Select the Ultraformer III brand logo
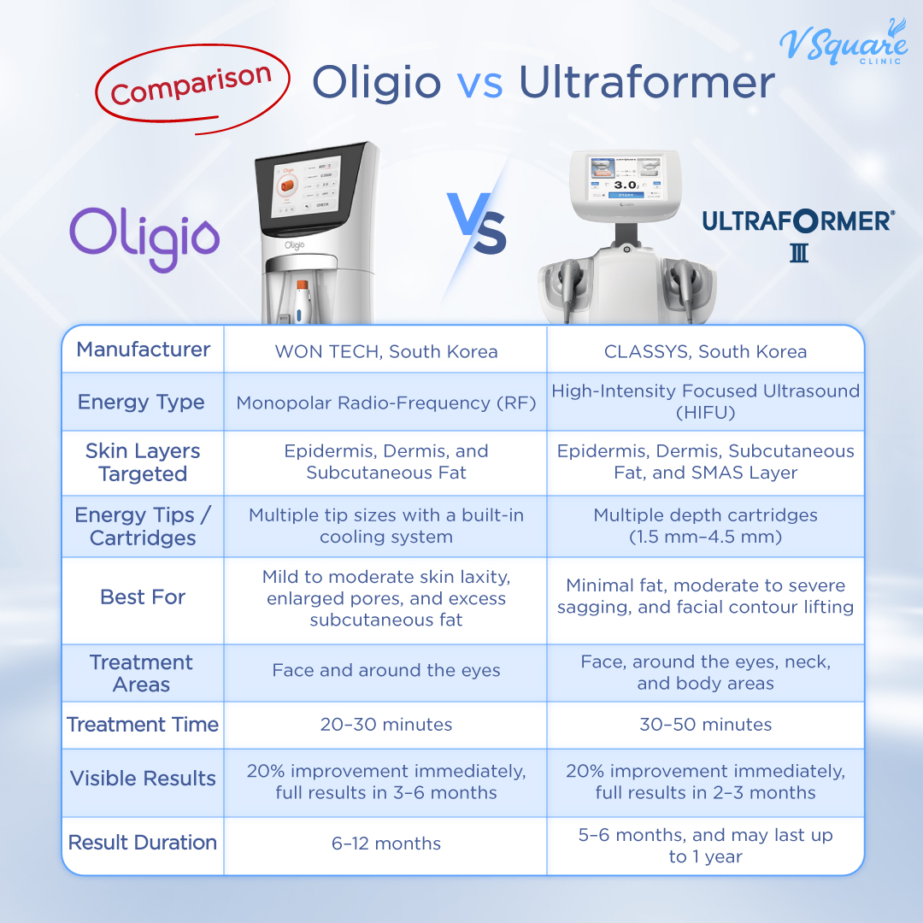(x=798, y=232)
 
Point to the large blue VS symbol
(x=476, y=224)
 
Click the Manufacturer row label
(x=143, y=350)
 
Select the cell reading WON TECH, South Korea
(x=385, y=351)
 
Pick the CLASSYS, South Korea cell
(x=705, y=351)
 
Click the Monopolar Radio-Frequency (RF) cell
(x=385, y=403)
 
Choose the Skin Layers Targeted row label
(x=143, y=462)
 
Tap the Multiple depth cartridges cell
(x=705, y=526)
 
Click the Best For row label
(x=143, y=597)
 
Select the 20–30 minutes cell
(x=385, y=725)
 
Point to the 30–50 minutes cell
(x=705, y=725)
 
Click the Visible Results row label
(x=143, y=779)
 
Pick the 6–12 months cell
(x=385, y=844)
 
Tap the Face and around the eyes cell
(x=385, y=671)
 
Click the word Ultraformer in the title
(x=647, y=83)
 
